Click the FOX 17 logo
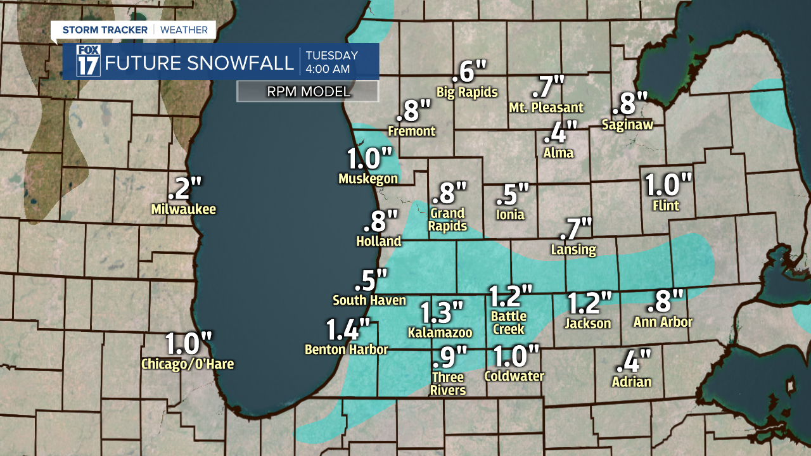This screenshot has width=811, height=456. coord(88,61)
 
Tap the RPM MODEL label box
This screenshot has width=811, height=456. coord(308,91)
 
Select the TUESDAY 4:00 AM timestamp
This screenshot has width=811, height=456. coord(331,61)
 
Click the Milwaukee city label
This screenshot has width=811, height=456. coord(184,209)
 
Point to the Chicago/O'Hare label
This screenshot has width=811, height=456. coord(188,364)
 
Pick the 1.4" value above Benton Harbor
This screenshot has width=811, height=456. coord(348,330)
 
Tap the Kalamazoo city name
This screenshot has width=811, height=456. coord(440,332)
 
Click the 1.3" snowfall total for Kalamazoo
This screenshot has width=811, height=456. coord(442,312)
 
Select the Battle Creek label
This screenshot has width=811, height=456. coord(508,322)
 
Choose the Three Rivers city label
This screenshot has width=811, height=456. coord(448,384)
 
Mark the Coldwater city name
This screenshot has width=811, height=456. coord(514,376)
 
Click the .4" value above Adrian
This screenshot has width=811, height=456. coord(633,362)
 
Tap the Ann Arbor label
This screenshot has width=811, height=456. coord(663,322)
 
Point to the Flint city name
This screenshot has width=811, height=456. coord(665,205)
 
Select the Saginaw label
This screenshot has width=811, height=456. coord(627,125)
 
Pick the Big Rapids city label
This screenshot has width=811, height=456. coord(467,92)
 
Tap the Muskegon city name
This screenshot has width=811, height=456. coord(368,179)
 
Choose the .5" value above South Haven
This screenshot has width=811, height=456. coord(370,281)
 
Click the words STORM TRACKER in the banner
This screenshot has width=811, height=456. coord(105,30)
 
